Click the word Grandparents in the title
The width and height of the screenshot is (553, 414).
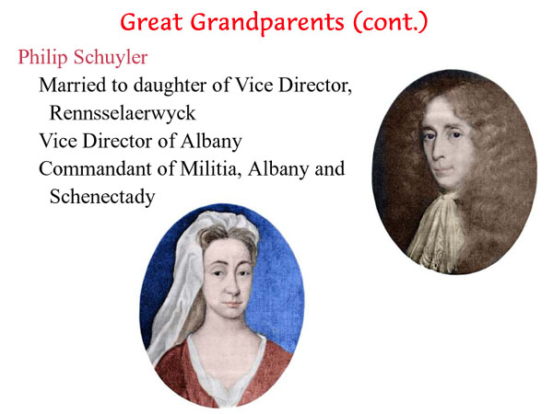(267, 22)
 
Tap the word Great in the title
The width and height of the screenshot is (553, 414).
(151, 22)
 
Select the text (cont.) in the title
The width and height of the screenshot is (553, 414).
(391, 22)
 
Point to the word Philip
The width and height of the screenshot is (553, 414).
(42, 57)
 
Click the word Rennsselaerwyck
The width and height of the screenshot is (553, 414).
(123, 113)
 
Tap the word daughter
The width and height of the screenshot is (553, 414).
(171, 86)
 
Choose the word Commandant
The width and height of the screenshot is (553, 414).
(95, 168)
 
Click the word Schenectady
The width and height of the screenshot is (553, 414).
(102, 197)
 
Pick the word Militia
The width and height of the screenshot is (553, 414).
(211, 168)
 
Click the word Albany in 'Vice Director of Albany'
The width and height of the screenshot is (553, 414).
(211, 141)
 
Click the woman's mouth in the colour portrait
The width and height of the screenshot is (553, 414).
(233, 304)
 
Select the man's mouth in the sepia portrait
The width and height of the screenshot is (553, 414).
(443, 169)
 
